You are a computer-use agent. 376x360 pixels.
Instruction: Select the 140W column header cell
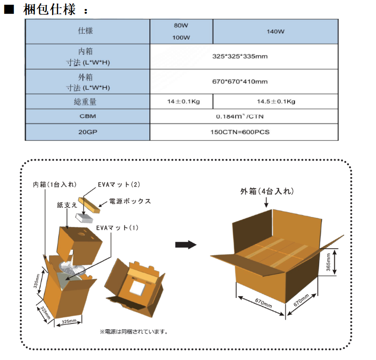coord(275,32)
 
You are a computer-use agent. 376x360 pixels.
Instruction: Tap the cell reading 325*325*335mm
coord(240,56)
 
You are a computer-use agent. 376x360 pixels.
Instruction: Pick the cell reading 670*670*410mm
coord(240,81)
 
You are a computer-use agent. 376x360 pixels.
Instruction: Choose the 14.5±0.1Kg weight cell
coord(275,101)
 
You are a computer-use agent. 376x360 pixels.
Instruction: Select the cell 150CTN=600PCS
coord(240,132)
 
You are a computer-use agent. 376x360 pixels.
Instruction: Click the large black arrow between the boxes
coord(185,244)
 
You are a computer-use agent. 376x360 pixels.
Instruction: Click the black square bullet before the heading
coord(9,9)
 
